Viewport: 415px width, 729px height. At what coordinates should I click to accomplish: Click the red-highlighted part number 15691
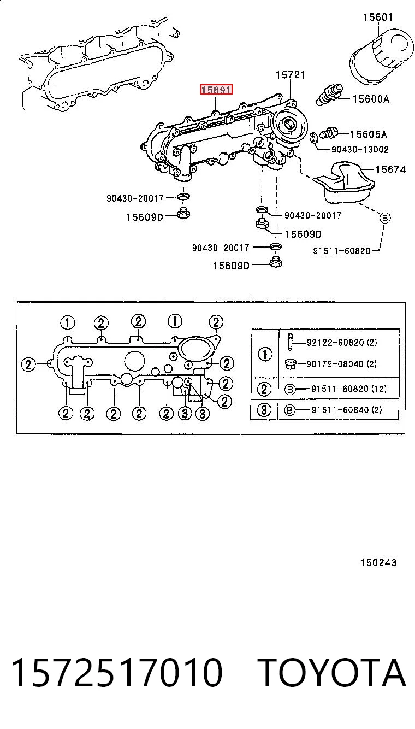pos(216,90)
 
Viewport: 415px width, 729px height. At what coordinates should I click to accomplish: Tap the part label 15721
pos(290,75)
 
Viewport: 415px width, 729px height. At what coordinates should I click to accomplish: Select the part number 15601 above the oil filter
pos(378,17)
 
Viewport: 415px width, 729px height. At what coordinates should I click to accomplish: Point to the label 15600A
pos(371,99)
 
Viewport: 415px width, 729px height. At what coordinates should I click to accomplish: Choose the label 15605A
pos(369,134)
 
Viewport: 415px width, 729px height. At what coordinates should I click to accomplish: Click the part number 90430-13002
pos(360,149)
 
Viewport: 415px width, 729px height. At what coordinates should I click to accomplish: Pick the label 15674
pos(390,169)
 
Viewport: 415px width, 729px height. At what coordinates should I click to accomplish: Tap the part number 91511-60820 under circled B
pos(341,251)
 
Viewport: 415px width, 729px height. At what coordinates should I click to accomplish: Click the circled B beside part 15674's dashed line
pos(385,217)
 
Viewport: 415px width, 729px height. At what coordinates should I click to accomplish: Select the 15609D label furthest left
pos(145,217)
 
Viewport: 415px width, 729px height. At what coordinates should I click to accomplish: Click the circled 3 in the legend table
pos(264,410)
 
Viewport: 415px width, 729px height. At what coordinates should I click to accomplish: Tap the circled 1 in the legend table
pos(265,354)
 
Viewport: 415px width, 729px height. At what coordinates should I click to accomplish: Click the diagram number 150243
pos(378,563)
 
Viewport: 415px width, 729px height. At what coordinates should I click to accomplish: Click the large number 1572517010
pos(117,672)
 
